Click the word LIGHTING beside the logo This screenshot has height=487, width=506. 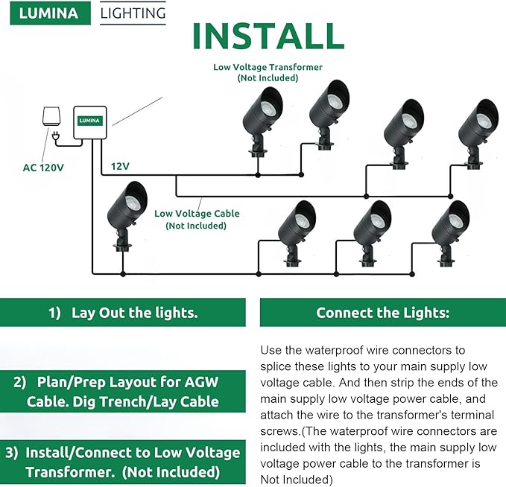tap(133, 13)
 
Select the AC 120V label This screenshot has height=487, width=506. tap(43, 167)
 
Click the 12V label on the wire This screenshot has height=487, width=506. tap(120, 165)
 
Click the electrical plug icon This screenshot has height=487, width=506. tap(58, 136)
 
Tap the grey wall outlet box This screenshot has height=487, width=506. tap(50, 116)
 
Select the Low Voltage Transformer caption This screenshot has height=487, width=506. tap(268, 72)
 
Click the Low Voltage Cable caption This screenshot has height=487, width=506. tap(197, 219)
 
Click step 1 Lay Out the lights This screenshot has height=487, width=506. tap(123, 313)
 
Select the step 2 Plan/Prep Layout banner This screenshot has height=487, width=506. tap(123, 392)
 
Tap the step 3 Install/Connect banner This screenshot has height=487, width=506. tap(123, 462)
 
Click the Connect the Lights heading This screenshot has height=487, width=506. tap(383, 313)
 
